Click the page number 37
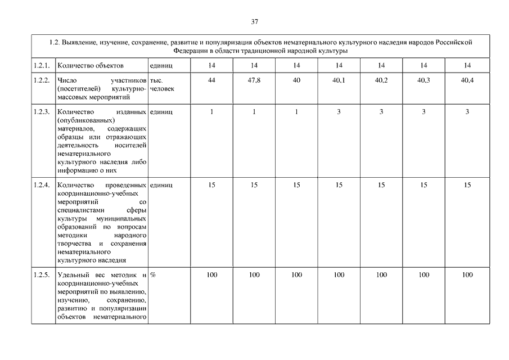coord(255,22)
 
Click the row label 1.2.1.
coord(42,66)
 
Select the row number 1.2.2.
coord(42,80)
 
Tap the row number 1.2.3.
coord(42,112)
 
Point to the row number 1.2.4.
coord(42,185)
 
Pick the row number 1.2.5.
coord(42,275)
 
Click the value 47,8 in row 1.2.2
coord(254,80)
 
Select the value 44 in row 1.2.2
coord(211,80)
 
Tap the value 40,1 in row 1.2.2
coord(339,80)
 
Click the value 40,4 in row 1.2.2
coord(467,80)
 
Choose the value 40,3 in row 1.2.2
coord(424,80)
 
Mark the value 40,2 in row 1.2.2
coord(381,80)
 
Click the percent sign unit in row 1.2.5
coord(153,275)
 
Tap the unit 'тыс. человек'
coord(162,84)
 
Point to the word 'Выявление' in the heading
coord(80,42)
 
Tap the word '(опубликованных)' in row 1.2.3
coord(85,120)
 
